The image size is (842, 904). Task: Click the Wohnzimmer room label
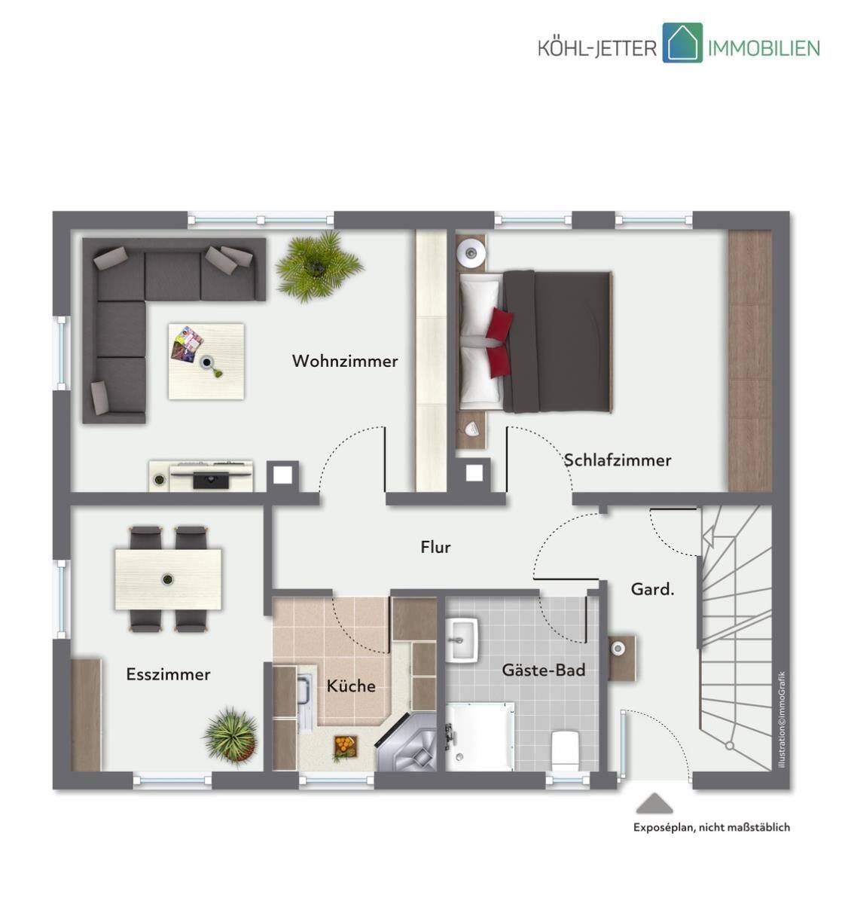tap(344, 361)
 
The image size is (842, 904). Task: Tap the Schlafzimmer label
tap(617, 460)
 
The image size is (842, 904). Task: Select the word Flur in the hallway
tap(435, 547)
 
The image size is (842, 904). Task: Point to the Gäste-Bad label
tap(544, 670)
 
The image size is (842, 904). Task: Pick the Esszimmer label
tap(169, 674)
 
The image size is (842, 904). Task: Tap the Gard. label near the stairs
tap(652, 589)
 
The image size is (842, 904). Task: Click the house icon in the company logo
tap(682, 42)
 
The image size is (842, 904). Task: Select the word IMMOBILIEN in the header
tap(763, 47)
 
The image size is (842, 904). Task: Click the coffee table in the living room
tap(206, 362)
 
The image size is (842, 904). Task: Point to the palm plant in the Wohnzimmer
tap(318, 265)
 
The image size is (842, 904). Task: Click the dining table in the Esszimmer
tap(168, 579)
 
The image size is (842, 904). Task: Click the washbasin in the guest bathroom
tap(462, 640)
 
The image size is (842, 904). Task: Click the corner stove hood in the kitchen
tap(407, 744)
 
